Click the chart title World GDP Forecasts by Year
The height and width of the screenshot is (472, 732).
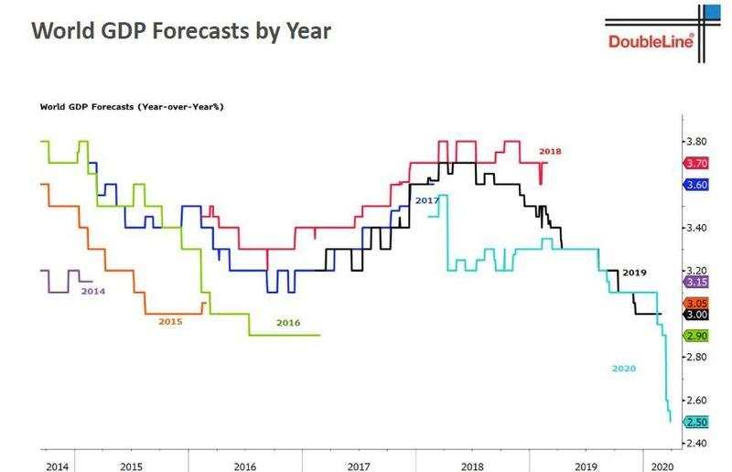pos(180,30)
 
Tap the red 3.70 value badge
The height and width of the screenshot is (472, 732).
pos(697,163)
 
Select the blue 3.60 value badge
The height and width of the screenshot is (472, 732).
pos(697,185)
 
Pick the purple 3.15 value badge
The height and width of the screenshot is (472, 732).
pos(697,282)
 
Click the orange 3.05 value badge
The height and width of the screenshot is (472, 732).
pos(697,303)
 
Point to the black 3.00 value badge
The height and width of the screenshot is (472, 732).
pos(697,314)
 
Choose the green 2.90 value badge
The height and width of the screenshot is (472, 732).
pos(697,336)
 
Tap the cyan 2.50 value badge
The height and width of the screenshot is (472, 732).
pos(697,422)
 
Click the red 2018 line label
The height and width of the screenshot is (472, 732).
pos(550,150)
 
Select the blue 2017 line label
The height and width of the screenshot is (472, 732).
pos(426,199)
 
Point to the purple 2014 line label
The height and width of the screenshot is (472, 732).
pos(92,290)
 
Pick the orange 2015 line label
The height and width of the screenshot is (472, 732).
pos(170,322)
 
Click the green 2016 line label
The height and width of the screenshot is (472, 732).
pos(287,322)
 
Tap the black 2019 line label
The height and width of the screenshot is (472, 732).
pos(633,273)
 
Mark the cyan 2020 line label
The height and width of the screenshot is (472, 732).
pos(624,369)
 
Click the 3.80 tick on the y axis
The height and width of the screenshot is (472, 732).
pos(697,142)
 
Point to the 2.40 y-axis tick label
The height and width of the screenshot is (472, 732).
pos(697,444)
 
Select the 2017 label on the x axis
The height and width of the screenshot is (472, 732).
pos(358,466)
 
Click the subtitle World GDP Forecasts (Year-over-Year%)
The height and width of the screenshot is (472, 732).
pos(132,106)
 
